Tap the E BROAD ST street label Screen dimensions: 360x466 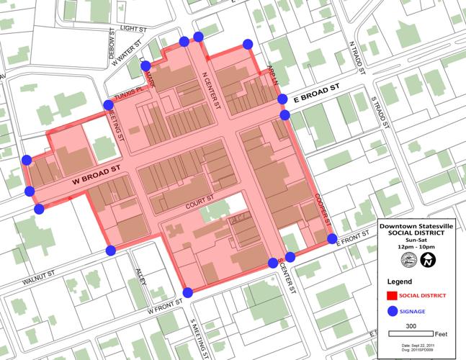[x=315, y=94]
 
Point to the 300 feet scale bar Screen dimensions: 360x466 [x=411, y=333]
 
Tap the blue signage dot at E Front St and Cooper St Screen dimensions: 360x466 [x=332, y=238]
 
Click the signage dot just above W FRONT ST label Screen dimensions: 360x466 [x=187, y=292]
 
